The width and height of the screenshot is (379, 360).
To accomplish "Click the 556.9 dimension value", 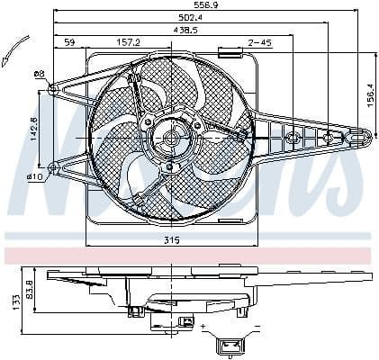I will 210,6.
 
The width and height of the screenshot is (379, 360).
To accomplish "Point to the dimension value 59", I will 69,41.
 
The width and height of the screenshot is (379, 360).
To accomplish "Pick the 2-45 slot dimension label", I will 260,41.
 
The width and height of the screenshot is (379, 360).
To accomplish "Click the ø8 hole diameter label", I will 39,74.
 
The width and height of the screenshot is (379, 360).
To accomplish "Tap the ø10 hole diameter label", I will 36,177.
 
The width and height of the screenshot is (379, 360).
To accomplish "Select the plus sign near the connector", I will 207,324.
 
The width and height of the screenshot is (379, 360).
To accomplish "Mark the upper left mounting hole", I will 53,88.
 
